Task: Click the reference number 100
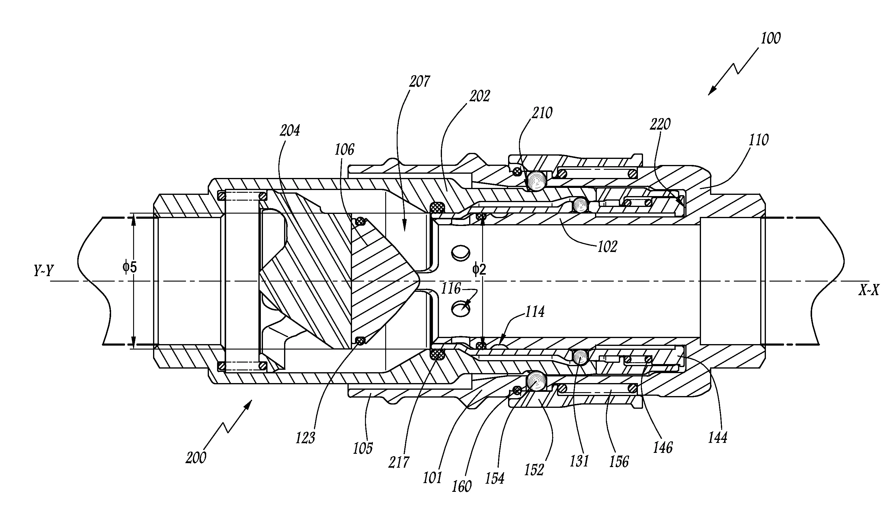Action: point(770,39)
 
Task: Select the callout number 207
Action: point(420,82)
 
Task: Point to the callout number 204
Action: point(290,131)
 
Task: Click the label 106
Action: point(344,150)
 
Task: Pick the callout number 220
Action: point(660,124)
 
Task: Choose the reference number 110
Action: point(758,140)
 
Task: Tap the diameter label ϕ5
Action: point(130,267)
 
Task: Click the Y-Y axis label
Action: point(43,271)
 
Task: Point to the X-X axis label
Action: point(868,291)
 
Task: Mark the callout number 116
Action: point(451,289)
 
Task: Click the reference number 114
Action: point(534,312)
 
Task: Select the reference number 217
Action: point(399,463)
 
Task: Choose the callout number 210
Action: point(542,113)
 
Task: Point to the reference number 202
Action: point(480,96)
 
